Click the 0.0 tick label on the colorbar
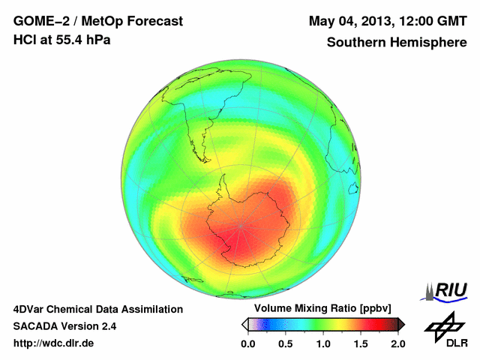247,343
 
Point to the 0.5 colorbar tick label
285,343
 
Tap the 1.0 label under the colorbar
322,343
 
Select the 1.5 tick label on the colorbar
360,343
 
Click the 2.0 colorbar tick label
397,343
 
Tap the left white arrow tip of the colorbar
244,324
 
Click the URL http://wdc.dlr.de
54,343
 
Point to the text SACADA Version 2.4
64,326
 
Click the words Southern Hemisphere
397,43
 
